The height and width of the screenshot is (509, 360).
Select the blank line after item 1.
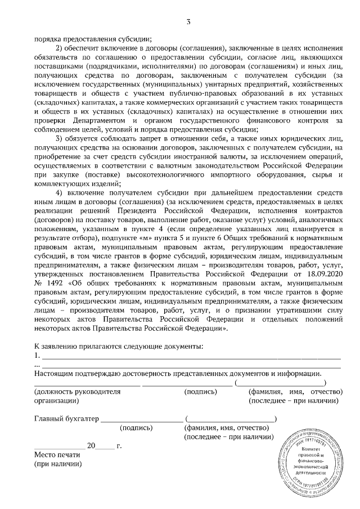pos(191,356)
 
